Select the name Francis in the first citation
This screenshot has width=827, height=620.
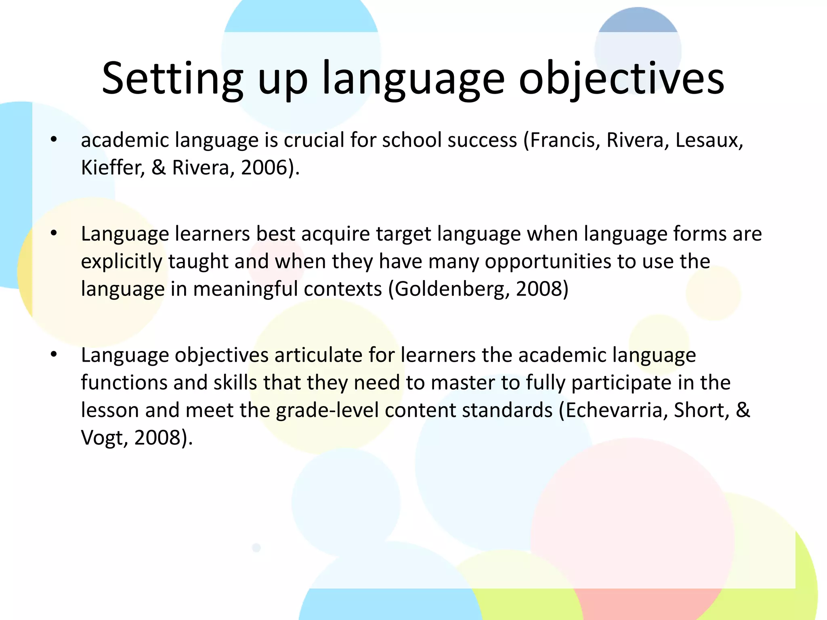(562, 140)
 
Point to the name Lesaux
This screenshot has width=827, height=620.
(709, 140)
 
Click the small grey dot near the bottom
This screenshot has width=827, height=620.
(256, 548)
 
